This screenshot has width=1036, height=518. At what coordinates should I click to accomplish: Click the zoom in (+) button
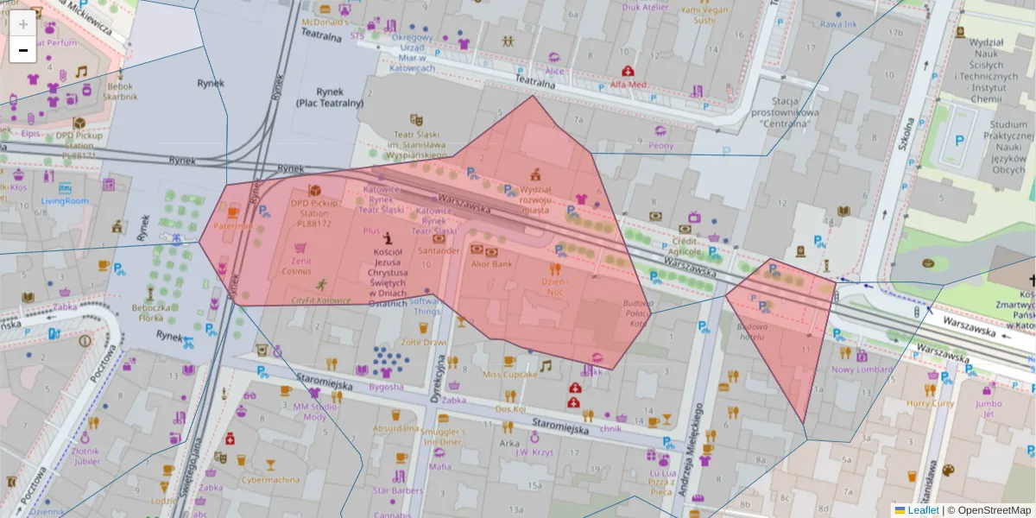(x=23, y=24)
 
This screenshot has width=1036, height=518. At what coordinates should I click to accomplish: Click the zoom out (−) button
(x=23, y=50)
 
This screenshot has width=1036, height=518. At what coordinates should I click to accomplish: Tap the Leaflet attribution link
(x=923, y=510)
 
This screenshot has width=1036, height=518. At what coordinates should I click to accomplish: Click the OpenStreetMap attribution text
(x=993, y=510)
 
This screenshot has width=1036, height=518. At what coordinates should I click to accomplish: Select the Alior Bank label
(x=490, y=263)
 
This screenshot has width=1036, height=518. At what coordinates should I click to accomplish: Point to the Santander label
(x=438, y=250)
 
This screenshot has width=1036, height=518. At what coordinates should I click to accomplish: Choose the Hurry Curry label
(x=930, y=403)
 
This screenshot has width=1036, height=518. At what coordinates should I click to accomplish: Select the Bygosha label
(x=386, y=387)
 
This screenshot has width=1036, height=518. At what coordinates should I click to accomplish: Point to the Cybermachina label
(x=270, y=480)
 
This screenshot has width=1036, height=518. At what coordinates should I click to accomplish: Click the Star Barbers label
(x=398, y=490)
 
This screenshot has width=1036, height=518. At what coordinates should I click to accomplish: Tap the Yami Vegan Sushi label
(x=698, y=13)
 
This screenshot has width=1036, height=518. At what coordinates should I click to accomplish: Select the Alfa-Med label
(x=628, y=85)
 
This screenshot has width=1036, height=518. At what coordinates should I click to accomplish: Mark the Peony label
(x=660, y=146)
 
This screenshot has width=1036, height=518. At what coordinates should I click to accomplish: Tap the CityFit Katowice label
(x=321, y=300)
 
